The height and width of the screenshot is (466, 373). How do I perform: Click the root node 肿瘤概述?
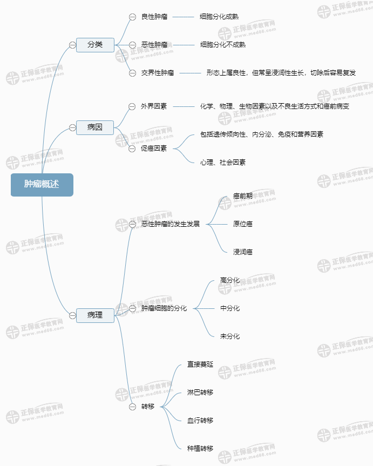click(42, 185)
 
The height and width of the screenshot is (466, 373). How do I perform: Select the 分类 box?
click(95, 45)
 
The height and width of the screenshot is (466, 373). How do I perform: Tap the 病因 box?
click(95, 127)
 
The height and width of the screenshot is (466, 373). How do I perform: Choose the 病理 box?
click(95, 315)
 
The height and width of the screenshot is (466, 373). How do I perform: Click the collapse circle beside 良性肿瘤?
click(132, 17)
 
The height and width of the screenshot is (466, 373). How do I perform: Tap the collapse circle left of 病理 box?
click(72, 316)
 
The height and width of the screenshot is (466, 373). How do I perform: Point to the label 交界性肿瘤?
click(158, 73)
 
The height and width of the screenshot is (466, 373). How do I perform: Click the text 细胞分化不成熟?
click(223, 45)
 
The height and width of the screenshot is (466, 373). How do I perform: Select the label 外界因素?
click(154, 106)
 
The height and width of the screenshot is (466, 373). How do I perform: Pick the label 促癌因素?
click(154, 148)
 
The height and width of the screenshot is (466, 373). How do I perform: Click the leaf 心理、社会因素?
click(223, 163)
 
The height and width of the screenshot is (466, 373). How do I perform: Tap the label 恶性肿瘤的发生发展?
click(171, 224)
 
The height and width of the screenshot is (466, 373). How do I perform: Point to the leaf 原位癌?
click(243, 224)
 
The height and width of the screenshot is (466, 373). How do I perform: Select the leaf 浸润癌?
click(243, 252)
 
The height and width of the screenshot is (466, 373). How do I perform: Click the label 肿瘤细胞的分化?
click(164, 308)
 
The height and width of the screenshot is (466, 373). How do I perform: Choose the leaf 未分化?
click(230, 336)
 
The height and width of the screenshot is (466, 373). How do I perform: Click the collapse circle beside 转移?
click(132, 407)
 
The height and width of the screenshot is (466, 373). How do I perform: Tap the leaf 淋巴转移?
click(200, 393)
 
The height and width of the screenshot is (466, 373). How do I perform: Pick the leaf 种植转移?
click(200, 449)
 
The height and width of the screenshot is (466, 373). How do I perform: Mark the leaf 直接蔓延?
click(200, 364)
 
